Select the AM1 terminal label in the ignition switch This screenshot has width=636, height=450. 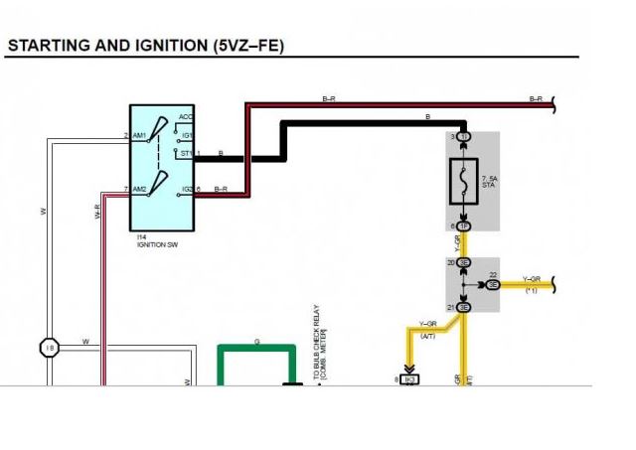140,136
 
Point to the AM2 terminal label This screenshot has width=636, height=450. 140,189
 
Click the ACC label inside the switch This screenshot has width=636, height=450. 185,117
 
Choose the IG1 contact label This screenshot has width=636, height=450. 185,134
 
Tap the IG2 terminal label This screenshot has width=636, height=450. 186,189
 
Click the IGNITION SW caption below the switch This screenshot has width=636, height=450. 157,242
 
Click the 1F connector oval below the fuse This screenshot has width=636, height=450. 464,226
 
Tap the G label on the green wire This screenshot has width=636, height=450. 257,341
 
